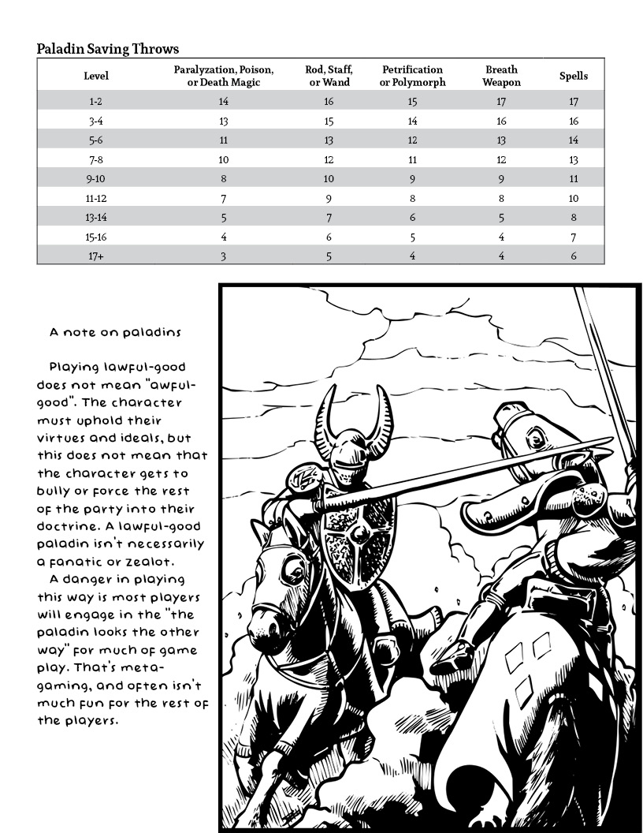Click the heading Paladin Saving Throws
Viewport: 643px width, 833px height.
[108, 49]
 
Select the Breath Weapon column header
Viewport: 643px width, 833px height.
[501, 76]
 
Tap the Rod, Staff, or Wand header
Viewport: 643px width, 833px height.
[329, 76]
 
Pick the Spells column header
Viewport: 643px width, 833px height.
[574, 76]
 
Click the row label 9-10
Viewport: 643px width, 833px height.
[96, 179]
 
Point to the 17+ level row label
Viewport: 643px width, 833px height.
[96, 256]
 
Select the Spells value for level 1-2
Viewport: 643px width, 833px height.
[574, 102]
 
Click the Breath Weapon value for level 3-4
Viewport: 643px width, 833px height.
[501, 121]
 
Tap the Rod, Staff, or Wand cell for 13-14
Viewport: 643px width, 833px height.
[329, 217]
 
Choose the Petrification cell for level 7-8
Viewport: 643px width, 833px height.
[412, 159]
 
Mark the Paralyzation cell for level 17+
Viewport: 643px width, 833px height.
[224, 256]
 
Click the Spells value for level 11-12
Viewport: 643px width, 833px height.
[574, 198]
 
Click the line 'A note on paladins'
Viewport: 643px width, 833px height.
[115, 333]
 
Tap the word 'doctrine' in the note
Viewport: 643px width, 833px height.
[69, 526]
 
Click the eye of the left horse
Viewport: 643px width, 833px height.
[297, 566]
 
